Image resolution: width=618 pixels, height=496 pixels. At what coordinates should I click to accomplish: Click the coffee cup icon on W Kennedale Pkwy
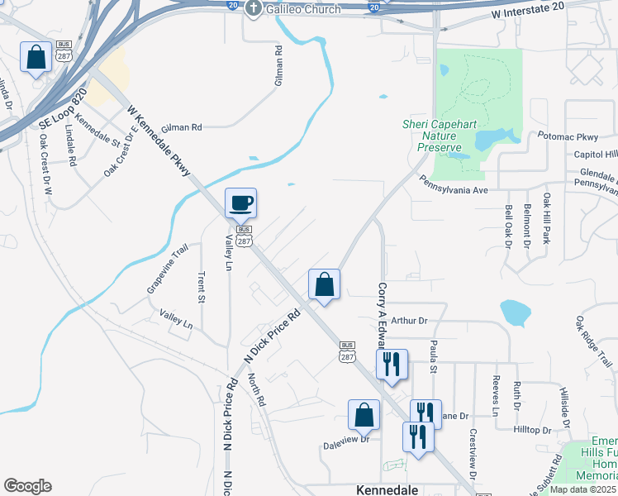point(240,203)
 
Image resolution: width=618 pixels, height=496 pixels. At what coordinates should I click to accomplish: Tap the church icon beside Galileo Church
point(253,8)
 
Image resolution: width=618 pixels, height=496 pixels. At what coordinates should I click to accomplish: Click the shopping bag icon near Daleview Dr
point(364,416)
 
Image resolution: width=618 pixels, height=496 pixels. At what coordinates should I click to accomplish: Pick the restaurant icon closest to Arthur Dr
point(391,363)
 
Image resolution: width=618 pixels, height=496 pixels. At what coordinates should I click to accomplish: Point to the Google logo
point(27,486)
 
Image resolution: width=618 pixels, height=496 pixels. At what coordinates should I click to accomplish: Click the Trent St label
point(201,287)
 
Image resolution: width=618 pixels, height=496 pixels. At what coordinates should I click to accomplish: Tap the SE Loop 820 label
point(63,109)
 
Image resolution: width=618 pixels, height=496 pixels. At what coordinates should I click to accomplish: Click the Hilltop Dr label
point(532,430)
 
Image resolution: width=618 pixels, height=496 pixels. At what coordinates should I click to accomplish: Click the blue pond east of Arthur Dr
point(515,312)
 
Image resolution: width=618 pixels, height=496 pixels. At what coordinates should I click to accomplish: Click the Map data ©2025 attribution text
point(582,489)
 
